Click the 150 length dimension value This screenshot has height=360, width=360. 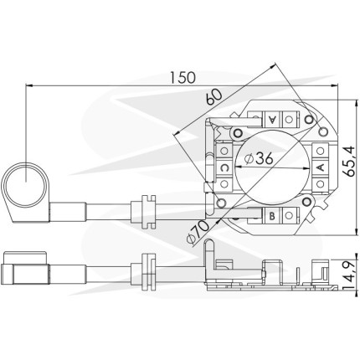click(183, 78)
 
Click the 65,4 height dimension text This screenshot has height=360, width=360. click(349, 161)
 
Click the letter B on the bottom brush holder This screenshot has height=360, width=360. click(272, 216)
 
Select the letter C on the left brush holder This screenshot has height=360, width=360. click(224, 167)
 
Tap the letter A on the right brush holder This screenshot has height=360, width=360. click(321, 167)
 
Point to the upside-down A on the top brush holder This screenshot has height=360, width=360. click(272, 120)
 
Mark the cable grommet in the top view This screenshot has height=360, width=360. click(148, 212)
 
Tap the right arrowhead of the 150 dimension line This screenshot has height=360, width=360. click(334, 86)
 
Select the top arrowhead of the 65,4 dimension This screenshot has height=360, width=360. click(357, 104)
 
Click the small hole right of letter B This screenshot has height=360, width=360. click(289, 215)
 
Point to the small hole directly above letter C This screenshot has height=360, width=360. click(224, 151)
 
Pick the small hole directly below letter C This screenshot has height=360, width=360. click(224, 183)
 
